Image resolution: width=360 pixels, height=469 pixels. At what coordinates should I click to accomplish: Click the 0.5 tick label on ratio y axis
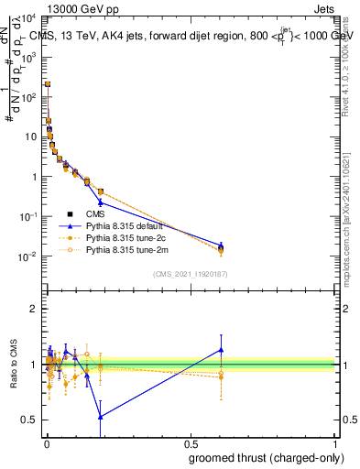(x=30, y=420)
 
